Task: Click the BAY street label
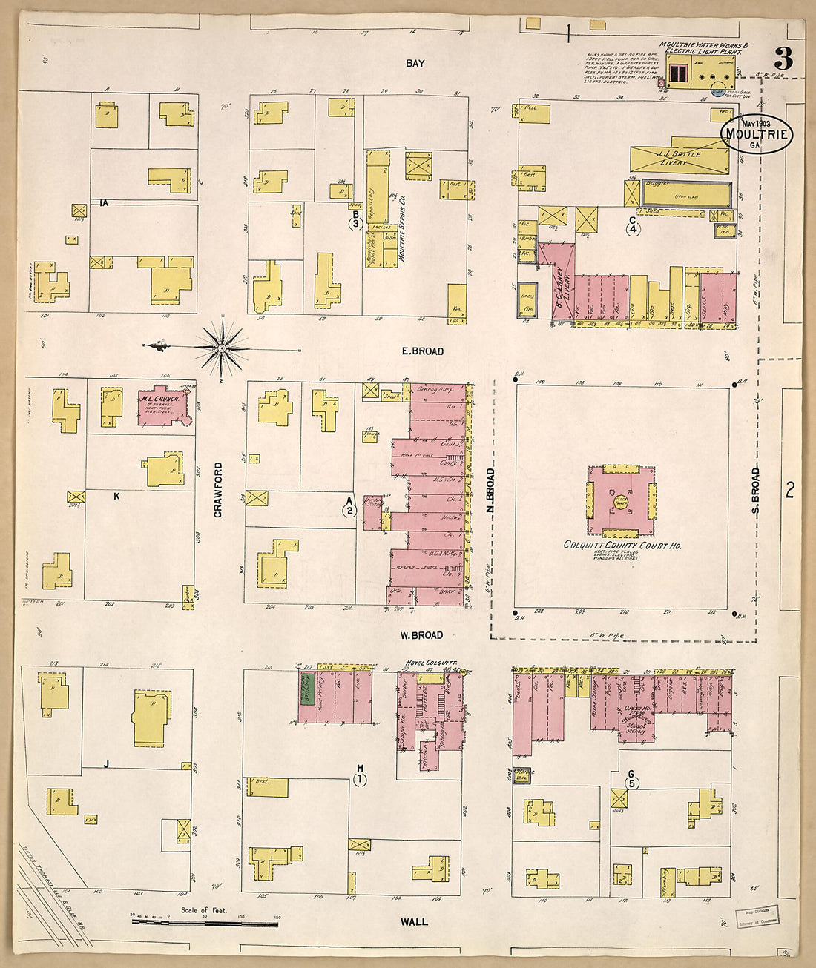pyautogui.click(x=415, y=64)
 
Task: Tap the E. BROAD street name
pyautogui.click(x=422, y=351)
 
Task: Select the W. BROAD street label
pyautogui.click(x=421, y=635)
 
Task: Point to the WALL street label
pyautogui.click(x=414, y=921)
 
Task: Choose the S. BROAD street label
pyautogui.click(x=756, y=490)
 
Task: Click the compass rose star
pyautogui.click(x=223, y=345)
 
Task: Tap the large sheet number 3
pyautogui.click(x=783, y=58)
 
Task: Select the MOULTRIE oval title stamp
pyautogui.click(x=757, y=134)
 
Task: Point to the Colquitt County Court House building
pyautogui.click(x=622, y=501)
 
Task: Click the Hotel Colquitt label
pyautogui.click(x=431, y=662)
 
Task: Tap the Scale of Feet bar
pyautogui.click(x=204, y=921)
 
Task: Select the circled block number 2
pyautogui.click(x=349, y=510)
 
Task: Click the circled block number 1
pyautogui.click(x=361, y=778)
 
